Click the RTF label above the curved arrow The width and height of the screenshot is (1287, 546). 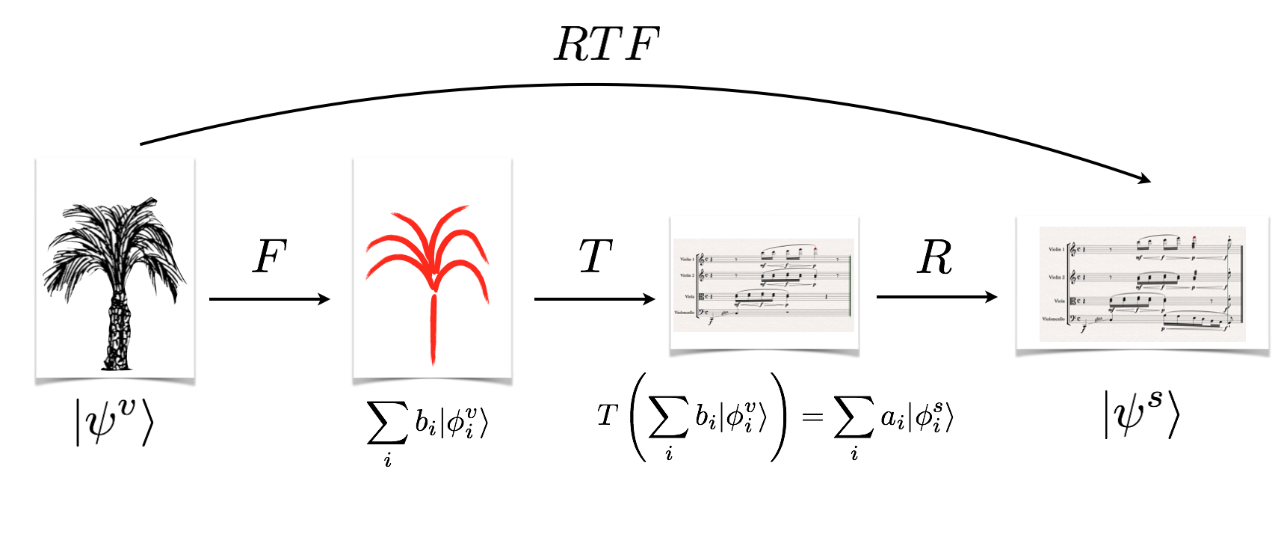click(606, 44)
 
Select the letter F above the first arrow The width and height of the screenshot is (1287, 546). click(270, 257)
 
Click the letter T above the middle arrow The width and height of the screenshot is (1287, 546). click(596, 257)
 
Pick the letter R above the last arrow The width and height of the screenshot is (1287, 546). click(934, 257)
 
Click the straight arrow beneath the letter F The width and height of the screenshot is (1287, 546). click(269, 299)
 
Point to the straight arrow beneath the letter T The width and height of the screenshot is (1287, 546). click(594, 299)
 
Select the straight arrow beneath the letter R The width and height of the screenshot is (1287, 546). click(936, 297)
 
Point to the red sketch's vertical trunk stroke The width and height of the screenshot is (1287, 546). click(433, 329)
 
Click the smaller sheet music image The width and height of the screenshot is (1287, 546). click(763, 285)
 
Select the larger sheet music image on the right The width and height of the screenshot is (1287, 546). click(1142, 284)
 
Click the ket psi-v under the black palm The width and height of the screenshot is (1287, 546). click(114, 421)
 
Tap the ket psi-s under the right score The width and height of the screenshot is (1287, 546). click(1142, 412)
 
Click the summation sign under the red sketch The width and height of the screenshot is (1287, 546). click(387, 423)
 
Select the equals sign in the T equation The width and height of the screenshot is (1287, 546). click(812, 417)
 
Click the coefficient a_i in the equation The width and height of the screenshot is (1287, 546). click(892, 417)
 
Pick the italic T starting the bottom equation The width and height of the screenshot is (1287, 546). click(607, 415)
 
